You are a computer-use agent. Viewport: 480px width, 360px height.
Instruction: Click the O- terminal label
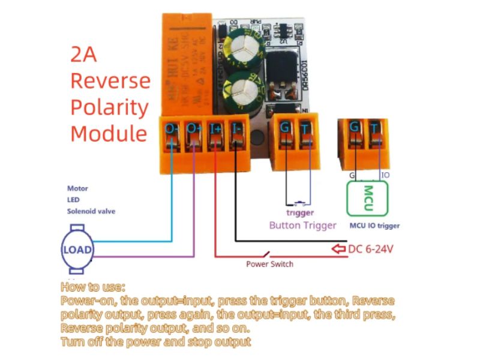[172, 128]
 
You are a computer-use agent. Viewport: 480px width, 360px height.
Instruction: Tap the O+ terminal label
[194, 128]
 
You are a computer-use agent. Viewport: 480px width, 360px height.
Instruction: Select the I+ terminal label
[215, 128]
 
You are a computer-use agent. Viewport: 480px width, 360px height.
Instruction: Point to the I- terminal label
[237, 128]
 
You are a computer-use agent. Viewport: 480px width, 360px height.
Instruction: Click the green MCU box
[367, 197]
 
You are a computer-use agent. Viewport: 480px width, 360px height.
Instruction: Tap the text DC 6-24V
[371, 248]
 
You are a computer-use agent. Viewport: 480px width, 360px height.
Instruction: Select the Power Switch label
[269, 263]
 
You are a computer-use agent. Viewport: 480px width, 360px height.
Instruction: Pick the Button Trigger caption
[302, 226]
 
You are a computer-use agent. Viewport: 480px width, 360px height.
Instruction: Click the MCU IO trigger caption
[374, 226]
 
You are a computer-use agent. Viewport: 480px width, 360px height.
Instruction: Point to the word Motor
[77, 188]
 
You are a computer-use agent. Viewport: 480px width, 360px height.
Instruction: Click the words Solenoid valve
[91, 211]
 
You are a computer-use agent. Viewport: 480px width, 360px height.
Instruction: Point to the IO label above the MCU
[385, 175]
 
